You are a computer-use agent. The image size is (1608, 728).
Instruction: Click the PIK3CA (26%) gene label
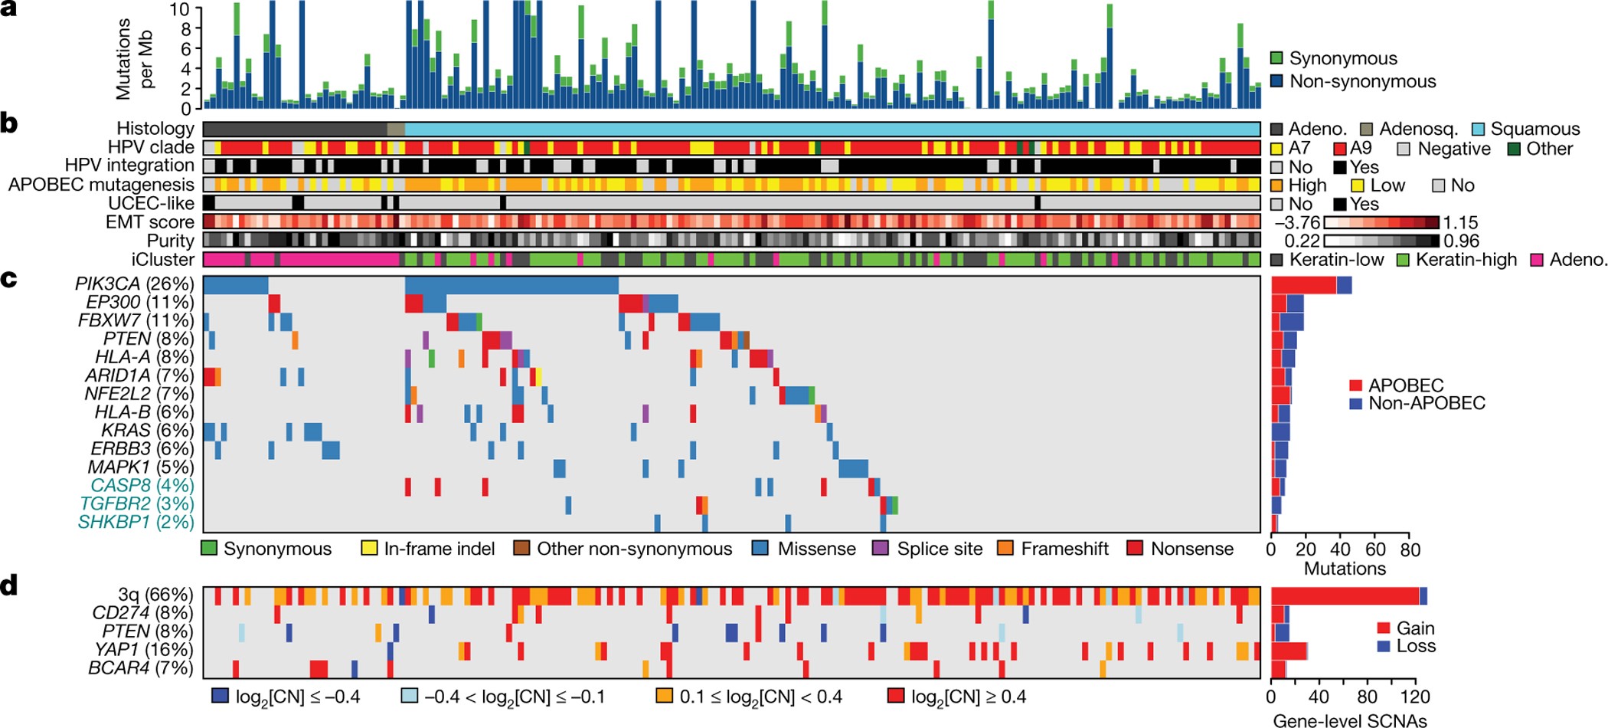click(x=134, y=284)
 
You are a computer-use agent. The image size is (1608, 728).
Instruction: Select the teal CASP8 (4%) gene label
click(x=136, y=485)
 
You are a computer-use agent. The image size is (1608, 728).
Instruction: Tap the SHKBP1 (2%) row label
click(x=136, y=522)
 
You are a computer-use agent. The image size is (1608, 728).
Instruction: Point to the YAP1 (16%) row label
click(x=143, y=649)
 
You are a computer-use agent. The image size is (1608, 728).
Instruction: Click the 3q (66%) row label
click(x=155, y=595)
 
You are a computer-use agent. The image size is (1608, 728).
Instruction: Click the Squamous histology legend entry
click(x=1534, y=129)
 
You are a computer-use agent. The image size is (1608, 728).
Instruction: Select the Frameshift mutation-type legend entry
click(x=1064, y=549)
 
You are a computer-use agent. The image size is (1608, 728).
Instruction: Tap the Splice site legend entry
click(x=939, y=549)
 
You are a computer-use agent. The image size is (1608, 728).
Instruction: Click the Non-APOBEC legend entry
click(x=1426, y=403)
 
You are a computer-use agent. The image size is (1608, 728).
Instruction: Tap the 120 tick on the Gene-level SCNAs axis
click(x=1415, y=697)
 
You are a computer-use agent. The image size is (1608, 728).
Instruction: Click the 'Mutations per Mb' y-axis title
click(x=135, y=60)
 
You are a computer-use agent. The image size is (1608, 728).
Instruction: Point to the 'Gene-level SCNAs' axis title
click(x=1349, y=720)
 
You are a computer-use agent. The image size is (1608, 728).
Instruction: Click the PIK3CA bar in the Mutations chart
click(x=1311, y=285)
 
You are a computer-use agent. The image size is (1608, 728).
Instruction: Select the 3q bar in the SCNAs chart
click(x=1348, y=595)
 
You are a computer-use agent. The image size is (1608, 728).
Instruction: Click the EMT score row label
click(x=150, y=222)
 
